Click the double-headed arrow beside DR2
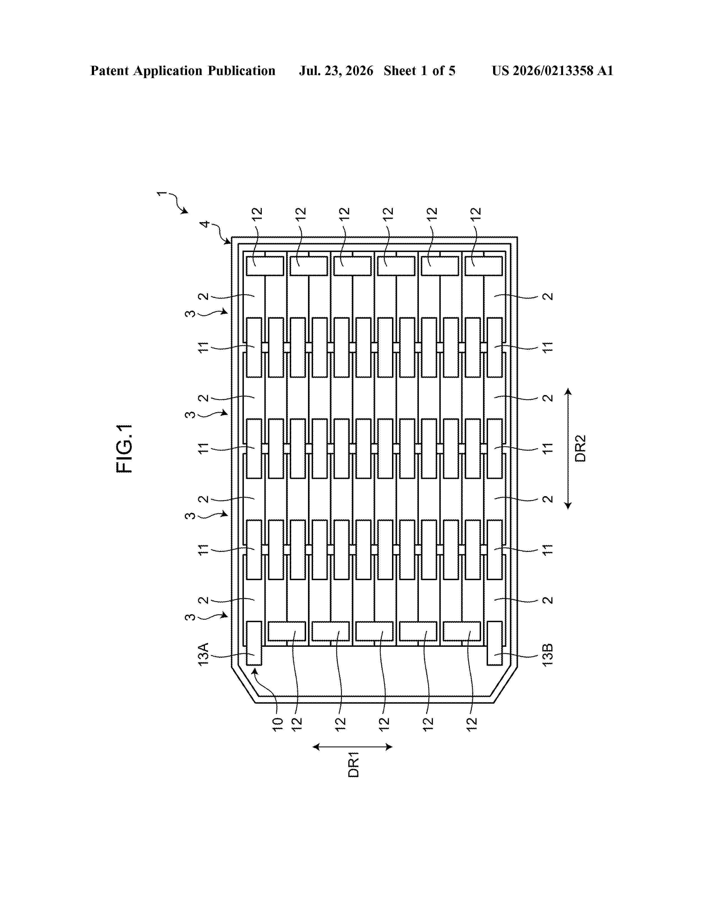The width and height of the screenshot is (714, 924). (x=568, y=449)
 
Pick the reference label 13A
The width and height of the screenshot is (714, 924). (x=204, y=655)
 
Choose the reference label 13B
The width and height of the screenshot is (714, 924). (x=547, y=655)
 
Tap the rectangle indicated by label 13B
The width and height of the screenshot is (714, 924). (x=495, y=643)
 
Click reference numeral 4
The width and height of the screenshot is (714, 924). (x=205, y=224)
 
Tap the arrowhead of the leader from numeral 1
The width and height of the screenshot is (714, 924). (x=185, y=211)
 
